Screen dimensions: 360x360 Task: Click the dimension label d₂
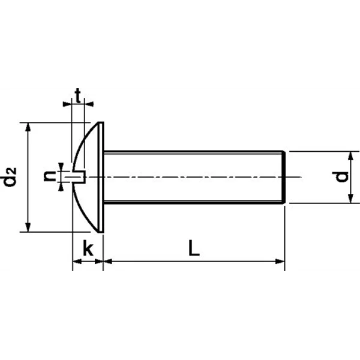click(10, 177)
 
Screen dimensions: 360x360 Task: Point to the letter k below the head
click(88, 249)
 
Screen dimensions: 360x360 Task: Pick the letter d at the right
click(341, 177)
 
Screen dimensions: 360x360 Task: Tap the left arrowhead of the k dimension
click(77, 261)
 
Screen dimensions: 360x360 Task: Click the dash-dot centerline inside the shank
click(192, 177)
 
